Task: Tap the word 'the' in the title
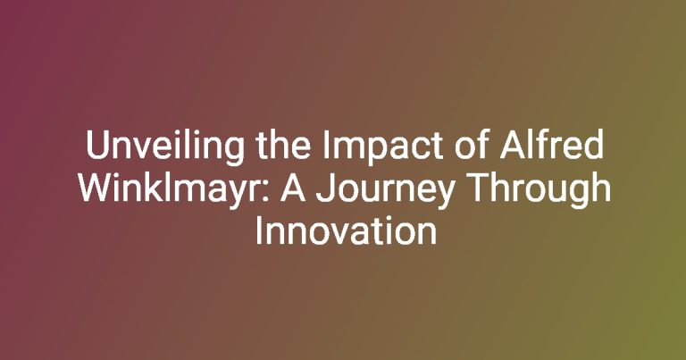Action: click(x=283, y=146)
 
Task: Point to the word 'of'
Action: click(x=471, y=146)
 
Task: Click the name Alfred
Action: click(x=552, y=146)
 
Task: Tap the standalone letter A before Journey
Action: click(x=293, y=188)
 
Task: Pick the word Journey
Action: click(x=384, y=190)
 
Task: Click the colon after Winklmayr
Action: click(x=267, y=192)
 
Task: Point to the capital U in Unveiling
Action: click(x=96, y=147)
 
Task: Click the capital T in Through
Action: click(x=476, y=188)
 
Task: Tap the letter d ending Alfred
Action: click(x=595, y=146)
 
